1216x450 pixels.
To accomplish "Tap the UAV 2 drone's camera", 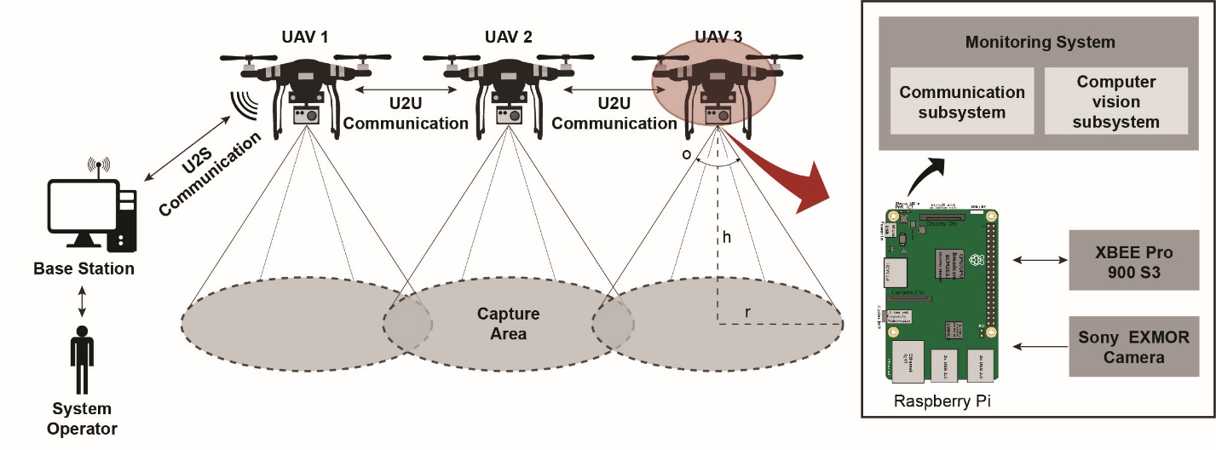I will [510, 115].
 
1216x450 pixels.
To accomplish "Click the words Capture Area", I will [508, 324].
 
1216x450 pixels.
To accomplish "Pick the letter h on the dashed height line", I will [726, 239].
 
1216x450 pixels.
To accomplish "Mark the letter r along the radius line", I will [747, 313].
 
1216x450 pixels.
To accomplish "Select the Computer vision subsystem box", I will [1115, 102].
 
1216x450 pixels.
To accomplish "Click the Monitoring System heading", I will [1040, 42].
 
